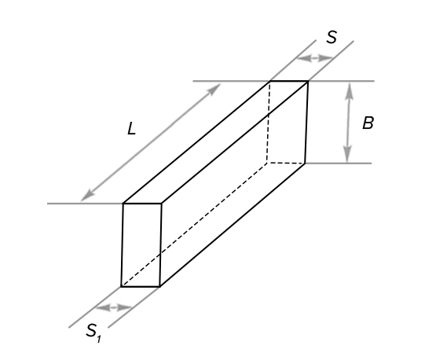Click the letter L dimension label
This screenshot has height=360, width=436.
click(131, 129)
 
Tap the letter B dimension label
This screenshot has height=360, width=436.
click(368, 123)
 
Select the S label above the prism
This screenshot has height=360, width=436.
click(332, 37)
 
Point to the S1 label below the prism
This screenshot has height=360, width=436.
click(93, 332)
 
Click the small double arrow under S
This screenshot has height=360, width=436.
click(315, 58)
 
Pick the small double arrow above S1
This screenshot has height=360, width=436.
click(113, 307)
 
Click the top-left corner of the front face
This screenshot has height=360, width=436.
click(123, 204)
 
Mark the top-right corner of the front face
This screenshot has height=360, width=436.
click(161, 204)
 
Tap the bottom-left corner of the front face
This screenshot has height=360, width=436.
click(121, 286)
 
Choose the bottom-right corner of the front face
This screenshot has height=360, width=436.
click(159, 286)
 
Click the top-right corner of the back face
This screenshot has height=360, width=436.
click(308, 81)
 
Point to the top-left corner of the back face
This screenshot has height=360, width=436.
click(269, 81)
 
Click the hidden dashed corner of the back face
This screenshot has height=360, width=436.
click(267, 163)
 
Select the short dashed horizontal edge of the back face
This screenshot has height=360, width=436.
click(286, 163)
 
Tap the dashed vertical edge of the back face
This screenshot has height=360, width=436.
click(269, 122)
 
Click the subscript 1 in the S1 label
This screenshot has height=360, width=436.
click(99, 339)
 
